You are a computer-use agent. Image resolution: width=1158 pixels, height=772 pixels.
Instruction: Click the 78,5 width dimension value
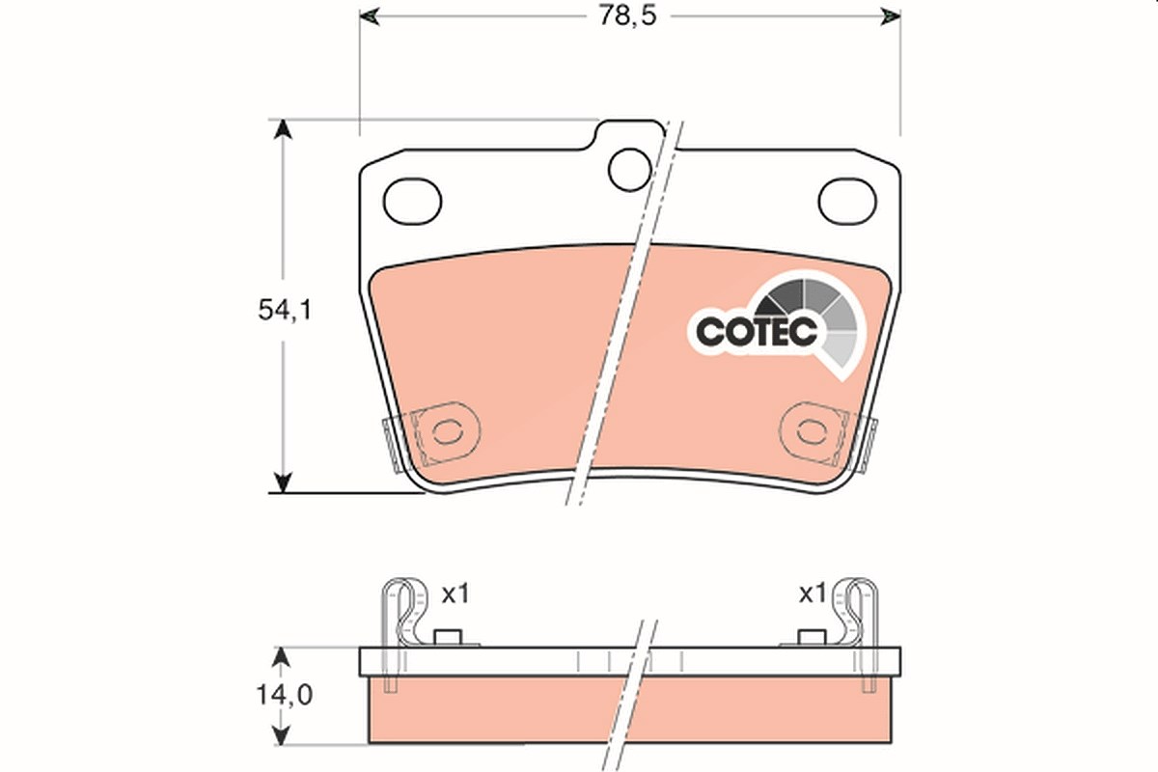[627, 16]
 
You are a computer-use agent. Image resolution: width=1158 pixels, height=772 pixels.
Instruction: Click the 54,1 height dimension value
[286, 311]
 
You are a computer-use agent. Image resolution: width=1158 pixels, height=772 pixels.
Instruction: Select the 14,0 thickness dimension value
[285, 696]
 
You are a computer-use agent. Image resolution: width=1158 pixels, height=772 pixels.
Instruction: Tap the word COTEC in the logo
[758, 330]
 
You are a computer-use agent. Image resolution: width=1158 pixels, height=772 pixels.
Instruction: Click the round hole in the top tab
[629, 170]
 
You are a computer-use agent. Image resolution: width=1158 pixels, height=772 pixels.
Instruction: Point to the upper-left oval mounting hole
[413, 202]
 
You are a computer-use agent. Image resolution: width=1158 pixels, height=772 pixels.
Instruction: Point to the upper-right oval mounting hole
[847, 202]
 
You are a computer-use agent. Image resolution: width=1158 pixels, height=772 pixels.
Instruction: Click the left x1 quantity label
[455, 594]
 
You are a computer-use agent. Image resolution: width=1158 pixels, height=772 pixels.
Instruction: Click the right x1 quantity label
[813, 594]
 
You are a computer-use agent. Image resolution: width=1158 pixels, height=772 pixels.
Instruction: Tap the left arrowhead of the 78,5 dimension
[369, 16]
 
